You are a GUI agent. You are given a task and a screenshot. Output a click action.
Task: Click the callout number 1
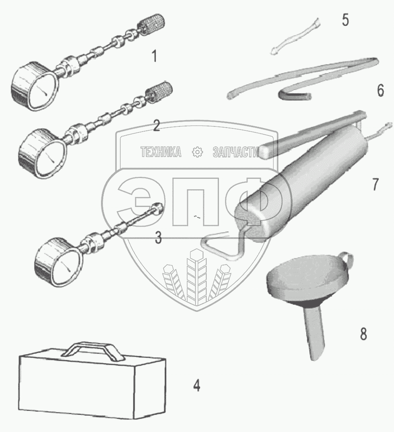(155, 56)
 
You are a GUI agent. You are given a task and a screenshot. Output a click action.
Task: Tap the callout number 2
(156, 125)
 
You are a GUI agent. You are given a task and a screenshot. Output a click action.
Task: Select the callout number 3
(158, 238)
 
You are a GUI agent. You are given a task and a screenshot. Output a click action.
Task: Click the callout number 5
(345, 20)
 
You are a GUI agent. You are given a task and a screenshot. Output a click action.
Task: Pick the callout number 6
(380, 90)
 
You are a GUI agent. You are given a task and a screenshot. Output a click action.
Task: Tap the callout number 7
(375, 184)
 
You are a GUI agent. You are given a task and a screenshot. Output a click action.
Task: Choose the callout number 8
(363, 334)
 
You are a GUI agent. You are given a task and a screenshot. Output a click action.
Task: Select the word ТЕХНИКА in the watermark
(161, 152)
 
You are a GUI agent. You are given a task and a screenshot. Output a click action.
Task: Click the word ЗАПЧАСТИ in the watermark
(236, 152)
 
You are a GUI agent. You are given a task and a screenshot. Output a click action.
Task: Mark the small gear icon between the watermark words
(197, 152)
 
